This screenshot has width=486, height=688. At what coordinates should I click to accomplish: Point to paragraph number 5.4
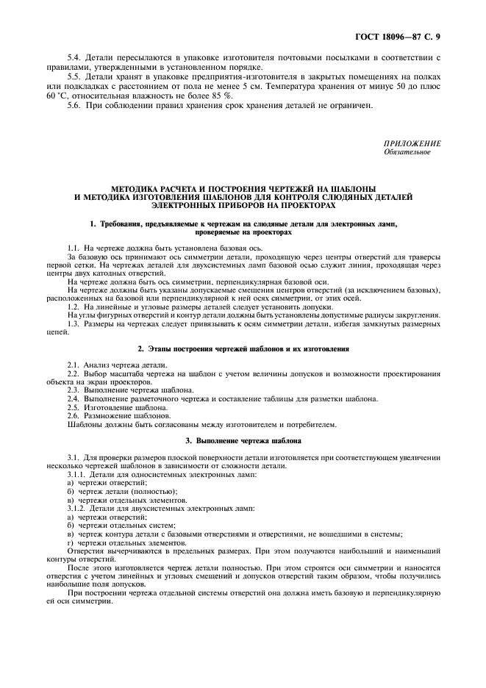74,57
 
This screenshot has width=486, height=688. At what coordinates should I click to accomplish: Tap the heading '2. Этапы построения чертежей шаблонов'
243,348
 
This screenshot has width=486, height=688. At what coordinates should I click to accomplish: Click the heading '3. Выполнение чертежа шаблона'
243,440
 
